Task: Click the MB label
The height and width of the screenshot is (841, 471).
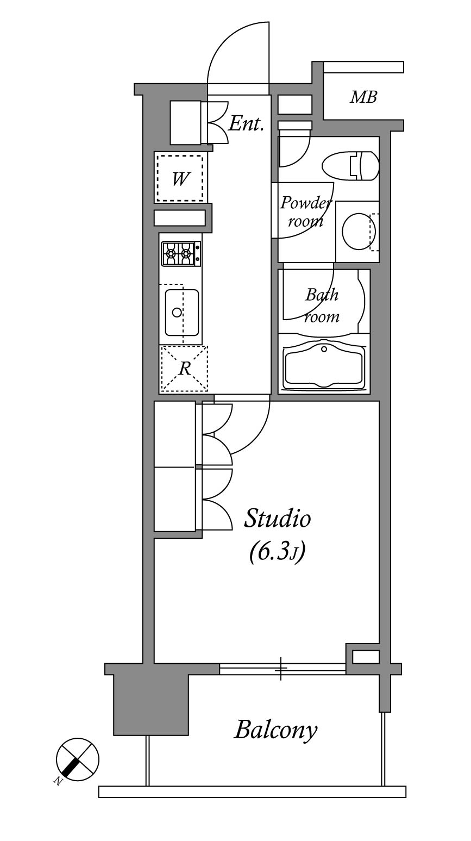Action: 363,97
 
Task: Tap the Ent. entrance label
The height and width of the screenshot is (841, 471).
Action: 246,123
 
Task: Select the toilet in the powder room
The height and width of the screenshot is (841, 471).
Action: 350,166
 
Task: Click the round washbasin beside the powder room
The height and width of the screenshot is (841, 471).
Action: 359,231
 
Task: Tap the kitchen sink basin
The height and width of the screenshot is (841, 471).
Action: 181,313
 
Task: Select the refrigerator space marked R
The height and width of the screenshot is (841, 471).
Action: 184,369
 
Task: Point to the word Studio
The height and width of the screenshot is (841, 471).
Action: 278,518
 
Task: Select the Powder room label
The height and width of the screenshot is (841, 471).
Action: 305,212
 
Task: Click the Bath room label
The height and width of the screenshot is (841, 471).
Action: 322,306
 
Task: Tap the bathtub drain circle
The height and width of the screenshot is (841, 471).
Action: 324,349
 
